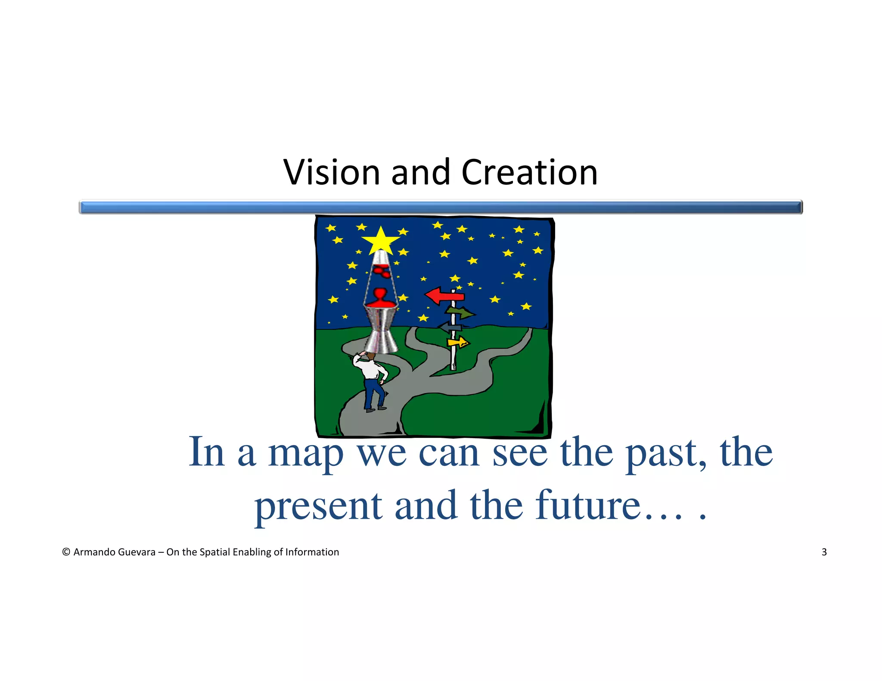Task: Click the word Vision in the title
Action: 331,172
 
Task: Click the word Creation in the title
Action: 529,172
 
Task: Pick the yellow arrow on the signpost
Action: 458,343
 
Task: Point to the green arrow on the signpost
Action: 461,312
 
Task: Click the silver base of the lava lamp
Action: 381,331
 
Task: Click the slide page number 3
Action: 824,552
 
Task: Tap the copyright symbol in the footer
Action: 66,552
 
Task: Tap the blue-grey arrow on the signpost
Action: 450,328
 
